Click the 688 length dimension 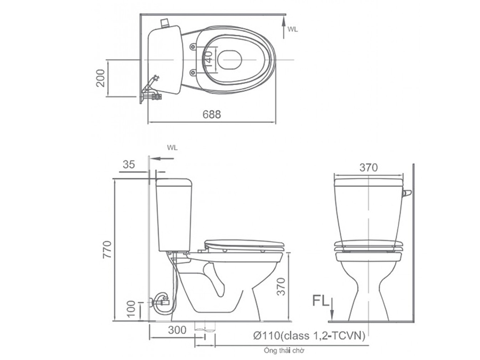(212, 114)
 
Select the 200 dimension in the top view (101, 78)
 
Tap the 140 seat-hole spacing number (208, 59)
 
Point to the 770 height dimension (107, 250)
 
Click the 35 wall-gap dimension (129, 165)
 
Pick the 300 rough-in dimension (177, 330)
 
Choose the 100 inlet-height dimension (131, 309)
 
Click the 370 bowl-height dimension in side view (281, 286)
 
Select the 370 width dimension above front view (368, 167)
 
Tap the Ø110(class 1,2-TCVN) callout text (309, 336)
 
